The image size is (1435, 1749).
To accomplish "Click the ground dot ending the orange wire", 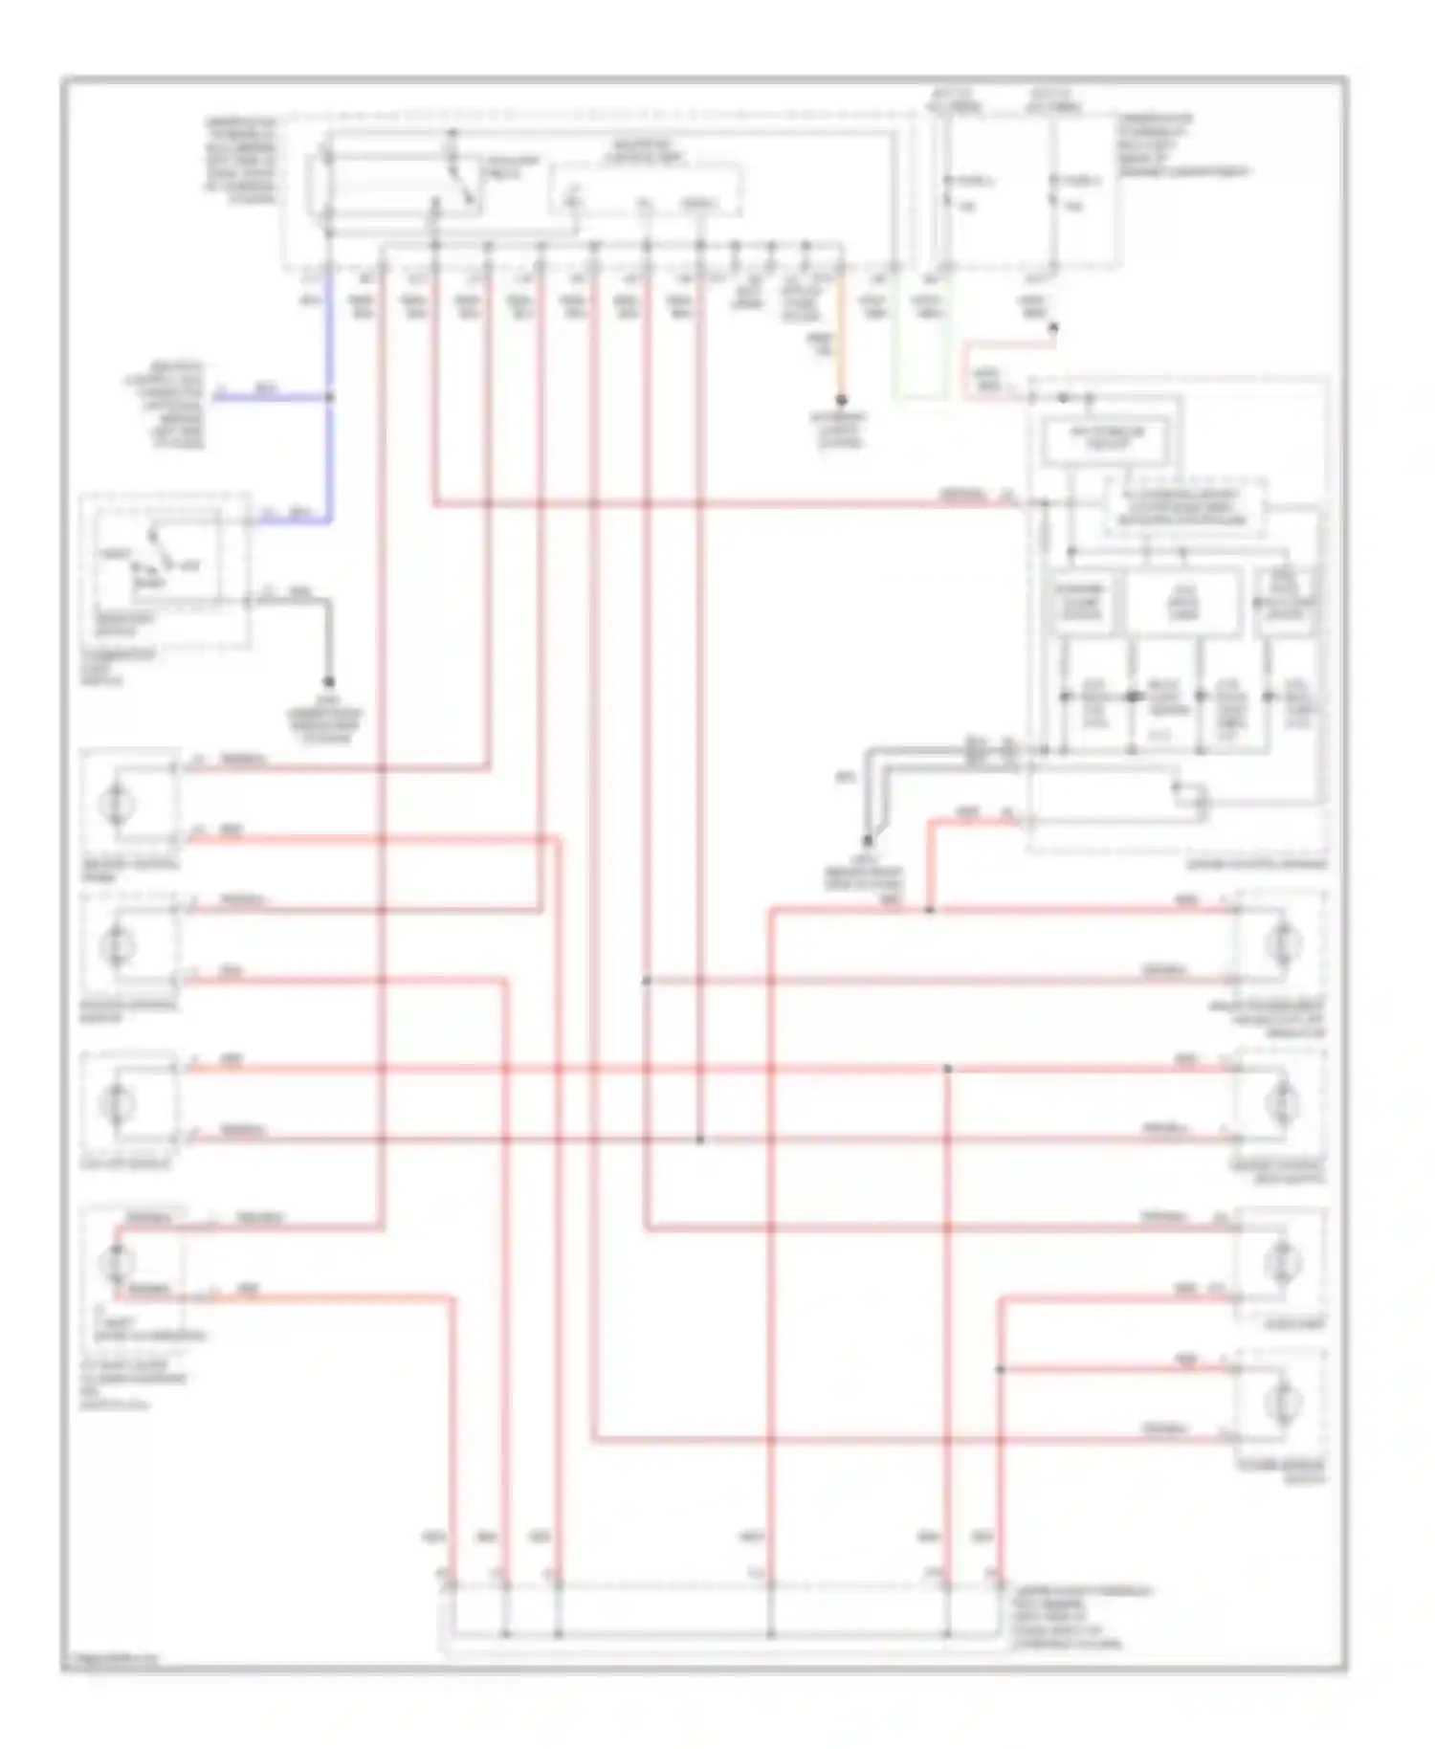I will (x=842, y=400).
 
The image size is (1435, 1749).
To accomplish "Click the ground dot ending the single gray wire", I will (x=328, y=681).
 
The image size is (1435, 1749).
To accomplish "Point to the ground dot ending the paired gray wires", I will (x=868, y=841).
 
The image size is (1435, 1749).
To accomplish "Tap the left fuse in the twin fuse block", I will (x=947, y=191).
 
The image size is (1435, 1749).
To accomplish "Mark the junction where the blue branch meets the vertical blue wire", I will (x=331, y=395).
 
